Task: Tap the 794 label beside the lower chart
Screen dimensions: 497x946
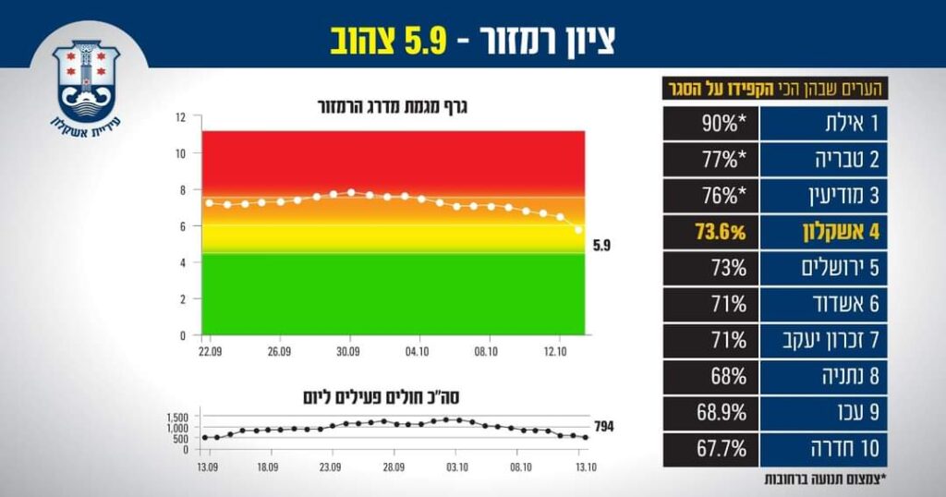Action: pyautogui.click(x=603, y=427)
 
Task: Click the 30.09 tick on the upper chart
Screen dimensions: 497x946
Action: pyautogui.click(x=350, y=352)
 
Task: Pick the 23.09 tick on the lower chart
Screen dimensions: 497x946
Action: pyautogui.click(x=330, y=467)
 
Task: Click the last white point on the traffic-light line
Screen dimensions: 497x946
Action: pyautogui.click(x=578, y=229)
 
